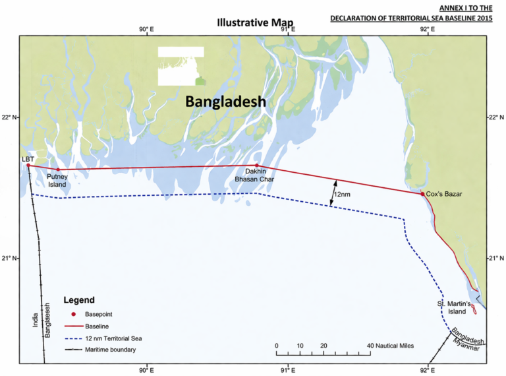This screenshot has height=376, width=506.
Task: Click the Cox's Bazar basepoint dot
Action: (x=422, y=194)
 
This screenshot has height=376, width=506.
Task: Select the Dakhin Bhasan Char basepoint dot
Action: (x=257, y=166)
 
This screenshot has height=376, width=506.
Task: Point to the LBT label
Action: (x=28, y=159)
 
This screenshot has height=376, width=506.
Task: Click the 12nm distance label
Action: (x=341, y=195)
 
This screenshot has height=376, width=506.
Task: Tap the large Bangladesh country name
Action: (x=225, y=102)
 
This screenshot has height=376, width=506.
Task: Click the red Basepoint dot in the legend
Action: (x=74, y=314)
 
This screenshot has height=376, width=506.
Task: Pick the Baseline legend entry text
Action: (x=97, y=326)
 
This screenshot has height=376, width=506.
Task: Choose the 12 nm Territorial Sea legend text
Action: (x=114, y=338)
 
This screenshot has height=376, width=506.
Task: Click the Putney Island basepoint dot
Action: (x=58, y=170)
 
